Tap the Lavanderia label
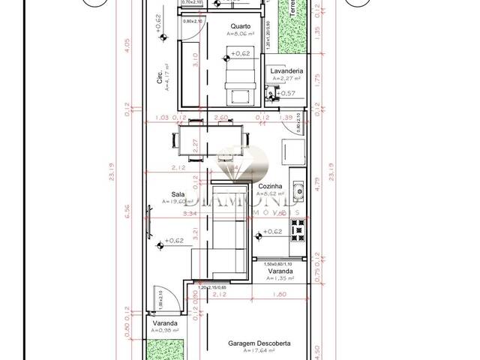pyautogui.click(x=286, y=70)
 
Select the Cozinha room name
pyautogui.click(x=270, y=186)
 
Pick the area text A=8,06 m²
pyautogui.click(x=241, y=34)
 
